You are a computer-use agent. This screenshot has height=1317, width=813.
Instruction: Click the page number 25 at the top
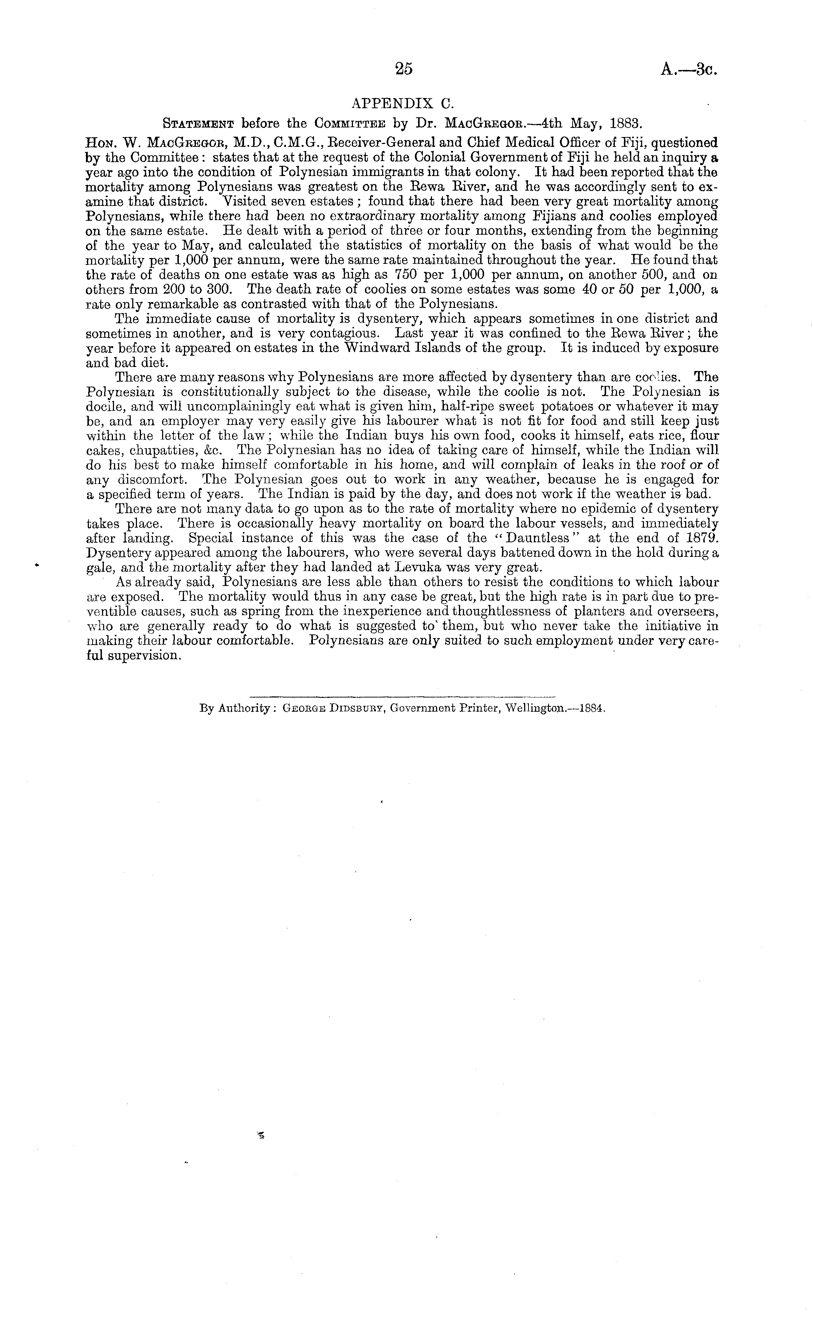[403, 69]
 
